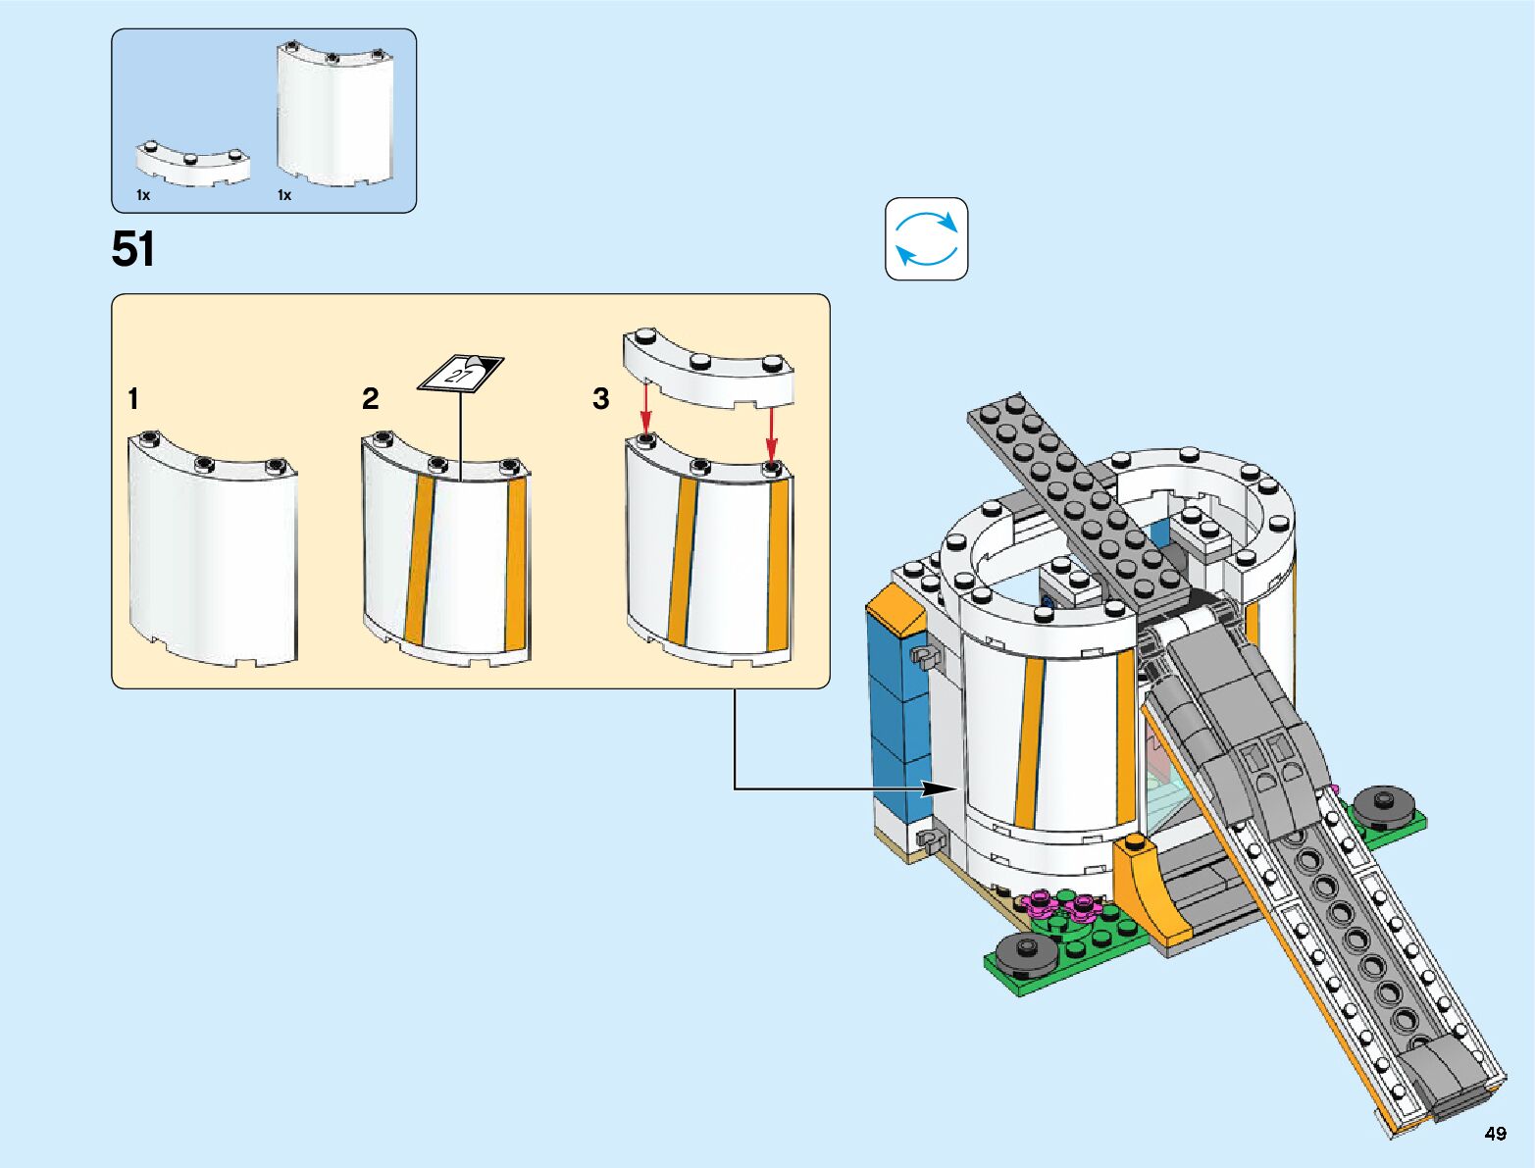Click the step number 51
coord(133,250)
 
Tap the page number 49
coord(1495,1134)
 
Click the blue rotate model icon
coord(927,239)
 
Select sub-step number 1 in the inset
coord(133,399)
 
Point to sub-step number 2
coord(370,399)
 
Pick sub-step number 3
coord(601,399)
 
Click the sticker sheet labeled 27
coord(461,373)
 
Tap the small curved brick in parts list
coord(192,165)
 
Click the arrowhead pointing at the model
coord(943,787)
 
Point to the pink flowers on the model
coord(1064,905)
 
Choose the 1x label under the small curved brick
coord(143,195)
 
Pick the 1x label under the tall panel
coord(284,195)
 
